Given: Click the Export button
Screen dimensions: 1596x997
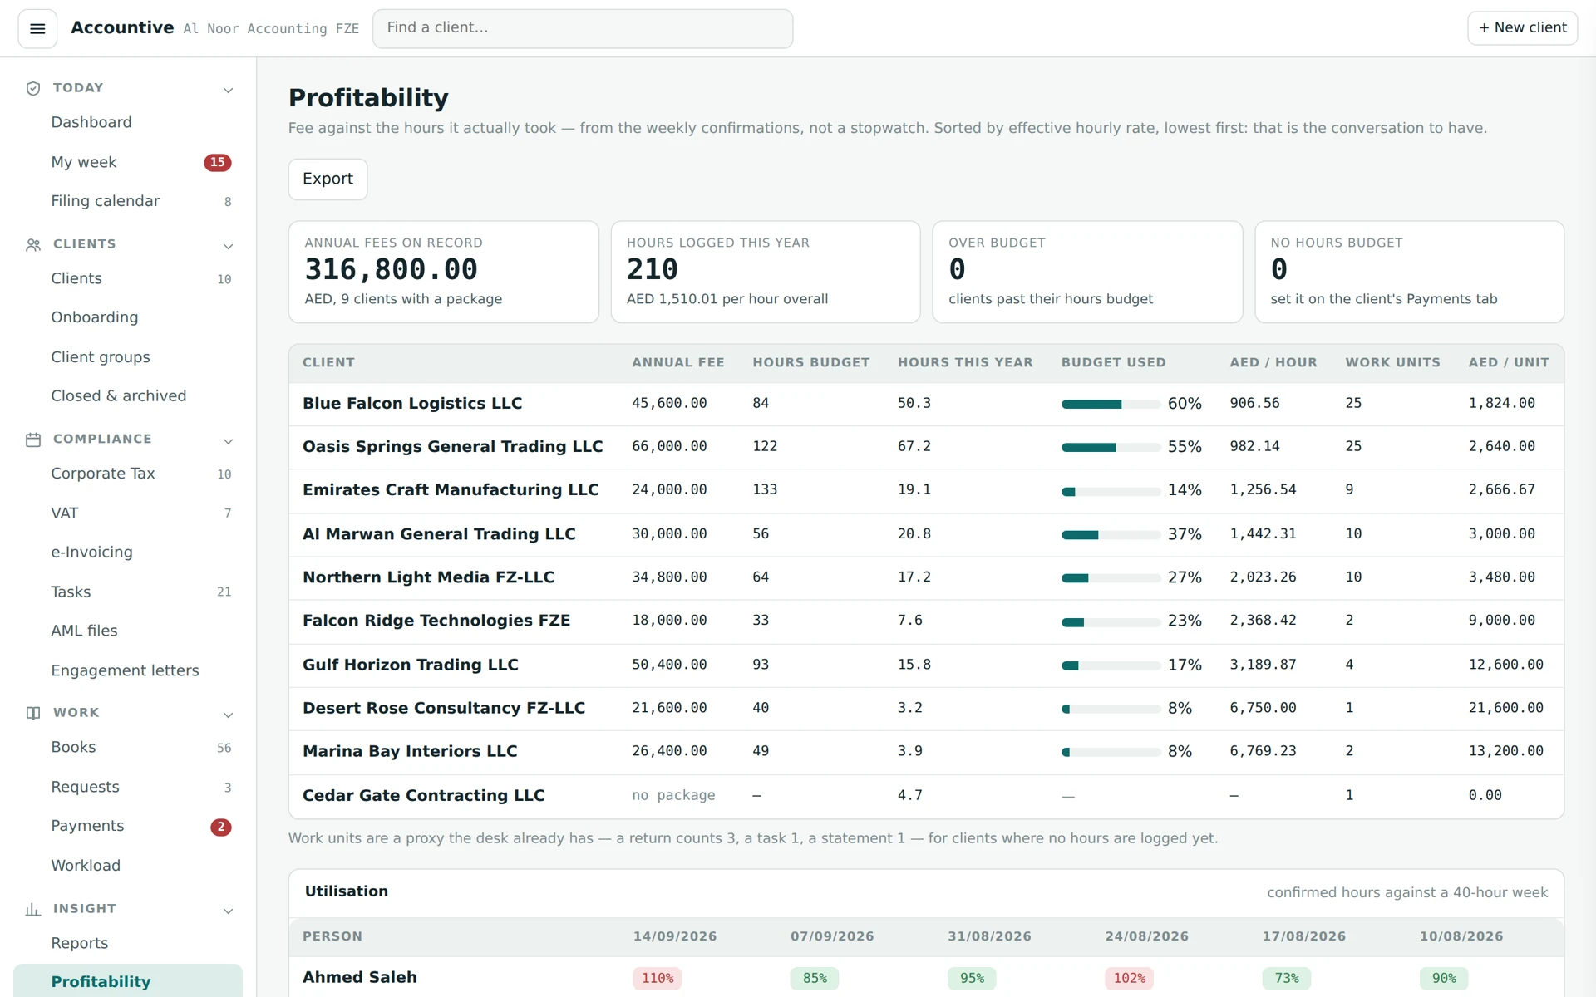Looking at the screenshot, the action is point(328,179).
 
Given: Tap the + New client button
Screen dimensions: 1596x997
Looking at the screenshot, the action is point(1522,27).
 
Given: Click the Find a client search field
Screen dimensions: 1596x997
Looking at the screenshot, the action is point(583,28).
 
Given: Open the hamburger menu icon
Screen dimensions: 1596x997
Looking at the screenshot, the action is point(37,29).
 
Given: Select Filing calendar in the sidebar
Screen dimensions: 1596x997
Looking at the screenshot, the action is point(105,201).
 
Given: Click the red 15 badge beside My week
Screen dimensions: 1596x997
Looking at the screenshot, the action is point(218,162).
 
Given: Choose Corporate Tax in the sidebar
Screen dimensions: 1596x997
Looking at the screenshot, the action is point(103,474).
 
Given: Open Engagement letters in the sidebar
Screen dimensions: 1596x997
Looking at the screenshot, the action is point(125,670).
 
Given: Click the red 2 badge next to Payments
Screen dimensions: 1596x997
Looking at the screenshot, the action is point(221,827).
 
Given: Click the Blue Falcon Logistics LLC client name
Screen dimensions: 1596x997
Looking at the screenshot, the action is point(412,403).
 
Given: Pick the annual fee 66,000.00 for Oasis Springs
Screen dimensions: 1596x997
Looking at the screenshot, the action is point(669,446).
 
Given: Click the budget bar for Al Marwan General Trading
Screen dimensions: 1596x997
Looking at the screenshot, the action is point(1111,535).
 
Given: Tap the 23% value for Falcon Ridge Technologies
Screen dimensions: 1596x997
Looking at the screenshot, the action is point(1185,621).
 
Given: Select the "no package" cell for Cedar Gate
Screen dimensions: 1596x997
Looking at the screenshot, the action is point(673,795).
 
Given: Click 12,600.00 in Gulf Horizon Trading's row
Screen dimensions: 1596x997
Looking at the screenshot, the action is point(1505,665).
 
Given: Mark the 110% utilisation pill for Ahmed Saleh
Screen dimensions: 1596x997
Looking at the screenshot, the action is point(658,978).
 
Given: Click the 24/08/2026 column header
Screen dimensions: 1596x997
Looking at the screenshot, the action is point(1146,936).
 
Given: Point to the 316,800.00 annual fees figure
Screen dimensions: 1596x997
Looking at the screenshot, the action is point(391,269).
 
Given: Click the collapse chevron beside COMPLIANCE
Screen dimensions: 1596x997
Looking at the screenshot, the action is point(229,441).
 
